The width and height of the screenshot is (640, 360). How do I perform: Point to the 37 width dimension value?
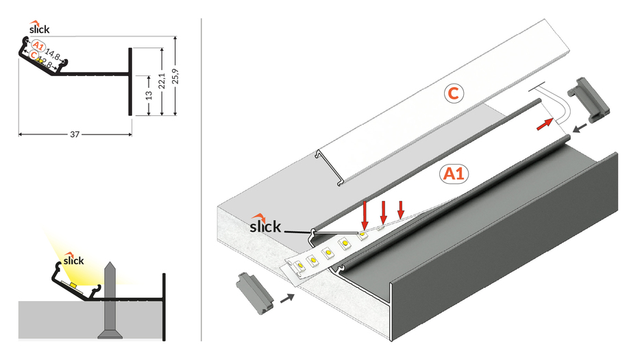point(75,134)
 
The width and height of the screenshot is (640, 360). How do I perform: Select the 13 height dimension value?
point(149,95)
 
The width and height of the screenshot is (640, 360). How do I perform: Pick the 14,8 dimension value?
point(53,52)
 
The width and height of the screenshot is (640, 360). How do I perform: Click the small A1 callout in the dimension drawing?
point(38,47)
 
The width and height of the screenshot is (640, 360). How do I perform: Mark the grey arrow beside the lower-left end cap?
point(288,298)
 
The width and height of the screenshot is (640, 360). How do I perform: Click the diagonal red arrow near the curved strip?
point(544,123)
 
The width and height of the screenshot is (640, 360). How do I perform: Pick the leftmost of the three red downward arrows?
point(365,213)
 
